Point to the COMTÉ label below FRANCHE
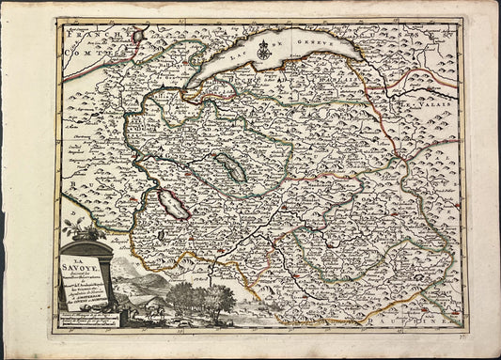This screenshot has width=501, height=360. pyautogui.click(x=79, y=55)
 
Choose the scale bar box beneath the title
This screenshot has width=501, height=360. pyautogui.click(x=92, y=320)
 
